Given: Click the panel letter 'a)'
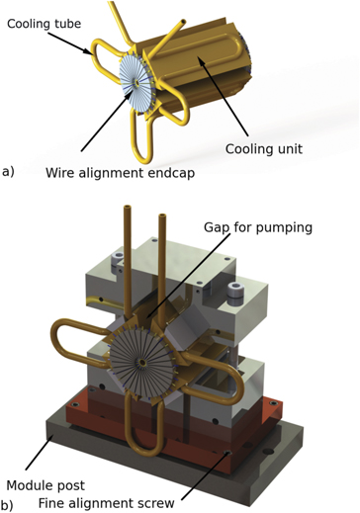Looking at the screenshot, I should coord(8,170).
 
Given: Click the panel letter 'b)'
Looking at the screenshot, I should coord(8,505).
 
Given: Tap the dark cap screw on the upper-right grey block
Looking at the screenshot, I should coord(236,293).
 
